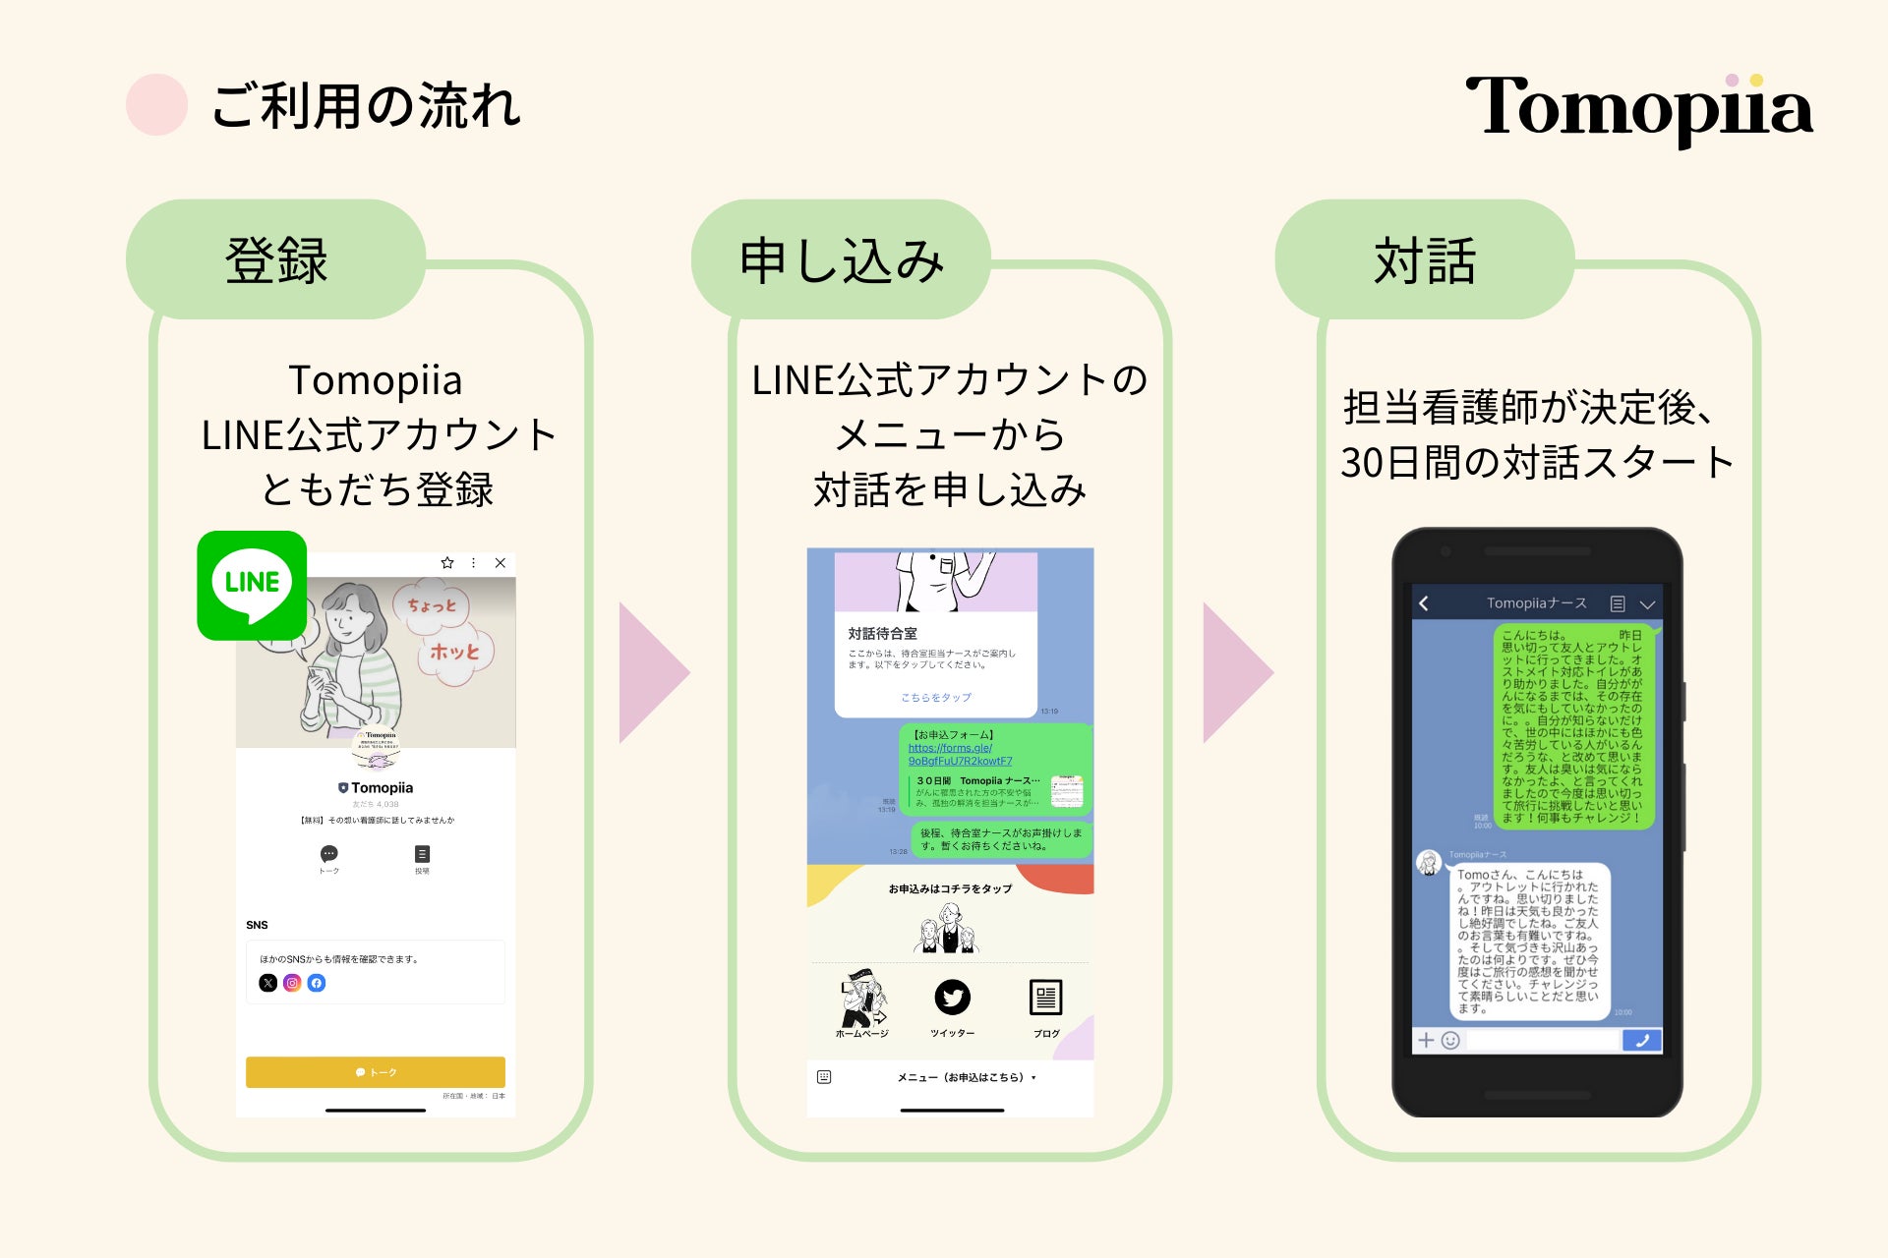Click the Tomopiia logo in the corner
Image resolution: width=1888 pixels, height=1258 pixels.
(1638, 108)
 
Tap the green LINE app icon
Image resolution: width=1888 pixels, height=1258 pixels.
(252, 586)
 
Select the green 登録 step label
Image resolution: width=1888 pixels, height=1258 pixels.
(276, 260)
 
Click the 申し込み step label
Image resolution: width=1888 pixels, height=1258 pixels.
(841, 260)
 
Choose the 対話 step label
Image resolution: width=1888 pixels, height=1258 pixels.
(1425, 260)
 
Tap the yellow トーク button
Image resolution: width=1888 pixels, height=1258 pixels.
(376, 1072)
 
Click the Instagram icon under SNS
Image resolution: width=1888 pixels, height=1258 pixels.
(292, 983)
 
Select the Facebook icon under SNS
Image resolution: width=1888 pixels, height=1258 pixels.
(317, 983)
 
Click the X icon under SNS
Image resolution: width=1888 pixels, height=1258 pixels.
(267, 983)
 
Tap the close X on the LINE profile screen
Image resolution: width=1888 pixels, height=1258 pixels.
(501, 563)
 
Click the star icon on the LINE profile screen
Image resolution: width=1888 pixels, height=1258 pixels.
(447, 563)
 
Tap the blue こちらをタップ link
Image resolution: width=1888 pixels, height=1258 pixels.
(936, 698)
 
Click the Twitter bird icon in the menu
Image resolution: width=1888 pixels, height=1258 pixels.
(952, 998)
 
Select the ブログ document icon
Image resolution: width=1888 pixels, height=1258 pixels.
(1045, 998)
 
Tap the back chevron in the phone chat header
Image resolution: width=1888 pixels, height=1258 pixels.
(1424, 603)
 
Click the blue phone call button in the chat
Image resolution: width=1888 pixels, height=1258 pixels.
(1641, 1040)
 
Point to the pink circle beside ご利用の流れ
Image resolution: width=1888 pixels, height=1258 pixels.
(157, 105)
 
